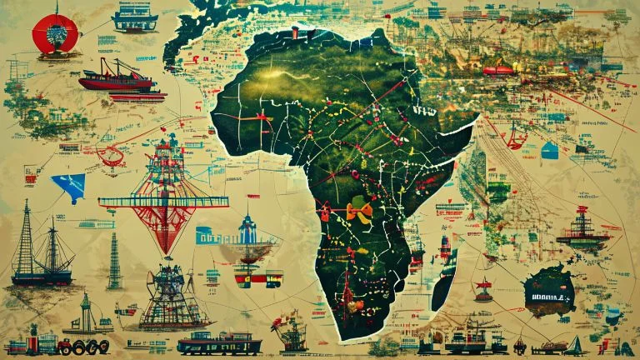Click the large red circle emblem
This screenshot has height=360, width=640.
tap(54, 33)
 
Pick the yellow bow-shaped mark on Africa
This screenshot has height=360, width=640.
tap(358, 212)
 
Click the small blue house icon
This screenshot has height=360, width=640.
tap(549, 150)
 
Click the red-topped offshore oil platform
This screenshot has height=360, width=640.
tap(582, 229)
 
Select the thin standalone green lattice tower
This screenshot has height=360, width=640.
tap(113, 262)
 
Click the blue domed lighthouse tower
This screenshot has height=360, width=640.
tap(247, 229)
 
